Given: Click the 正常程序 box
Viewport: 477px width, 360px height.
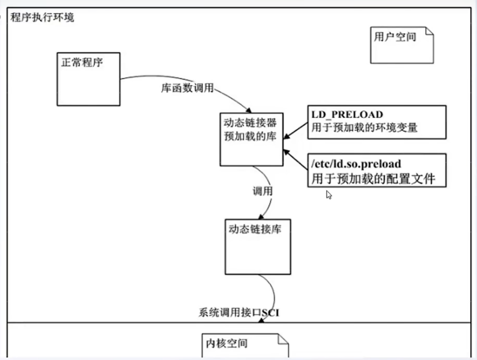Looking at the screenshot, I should (x=88, y=79).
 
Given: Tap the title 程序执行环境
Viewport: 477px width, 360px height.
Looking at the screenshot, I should (x=43, y=18).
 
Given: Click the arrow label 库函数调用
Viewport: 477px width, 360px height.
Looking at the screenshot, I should (x=186, y=88).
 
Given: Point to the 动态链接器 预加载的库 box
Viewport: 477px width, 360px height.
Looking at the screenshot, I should (x=251, y=139).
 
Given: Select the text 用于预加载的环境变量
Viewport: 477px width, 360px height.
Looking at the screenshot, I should (x=365, y=128).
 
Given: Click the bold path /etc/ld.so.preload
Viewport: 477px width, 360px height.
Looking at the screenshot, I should (x=357, y=164).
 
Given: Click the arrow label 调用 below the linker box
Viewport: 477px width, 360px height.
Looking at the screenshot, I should (x=262, y=191).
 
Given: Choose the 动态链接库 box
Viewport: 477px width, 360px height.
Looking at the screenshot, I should (x=258, y=246).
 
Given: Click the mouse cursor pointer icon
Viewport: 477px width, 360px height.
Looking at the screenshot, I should (x=329, y=194).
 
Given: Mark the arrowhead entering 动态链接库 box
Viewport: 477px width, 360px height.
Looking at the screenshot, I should (x=261, y=217).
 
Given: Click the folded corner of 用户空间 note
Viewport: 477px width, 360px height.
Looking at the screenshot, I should (x=428, y=31).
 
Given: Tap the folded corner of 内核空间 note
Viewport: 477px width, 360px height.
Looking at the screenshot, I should (x=283, y=339).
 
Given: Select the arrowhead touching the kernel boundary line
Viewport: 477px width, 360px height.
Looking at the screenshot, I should (x=261, y=320).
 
